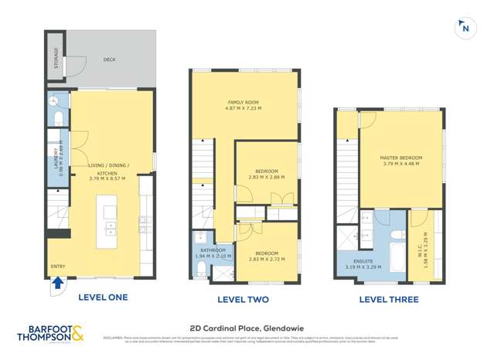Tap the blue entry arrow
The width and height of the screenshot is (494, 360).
[56, 283]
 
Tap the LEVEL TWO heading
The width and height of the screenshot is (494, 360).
[244, 299]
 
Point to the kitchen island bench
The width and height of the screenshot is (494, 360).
[107, 221]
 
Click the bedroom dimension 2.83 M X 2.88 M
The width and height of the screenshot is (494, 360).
[266, 178]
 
